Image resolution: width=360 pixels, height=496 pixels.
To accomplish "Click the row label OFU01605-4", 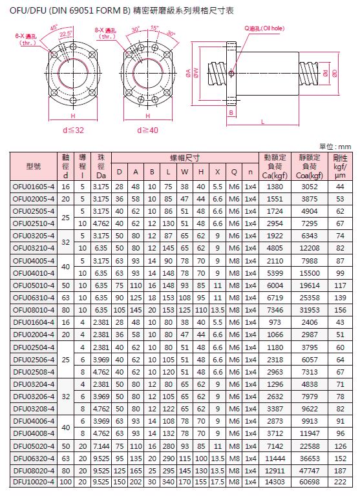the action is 34,187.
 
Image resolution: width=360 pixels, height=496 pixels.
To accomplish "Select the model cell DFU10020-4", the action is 34,482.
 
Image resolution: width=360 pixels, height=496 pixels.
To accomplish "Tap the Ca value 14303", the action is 275,482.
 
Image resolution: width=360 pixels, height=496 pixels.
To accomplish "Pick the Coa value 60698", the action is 310,482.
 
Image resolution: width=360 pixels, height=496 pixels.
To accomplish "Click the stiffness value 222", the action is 340,482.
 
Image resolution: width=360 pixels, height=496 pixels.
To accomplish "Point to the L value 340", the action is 168,482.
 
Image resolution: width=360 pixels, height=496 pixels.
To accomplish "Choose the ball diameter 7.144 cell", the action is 101,446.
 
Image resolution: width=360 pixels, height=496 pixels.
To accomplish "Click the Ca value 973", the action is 275,322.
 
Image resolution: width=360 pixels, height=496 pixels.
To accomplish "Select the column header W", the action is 185,172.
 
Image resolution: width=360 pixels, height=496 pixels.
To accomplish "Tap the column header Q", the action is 234,172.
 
